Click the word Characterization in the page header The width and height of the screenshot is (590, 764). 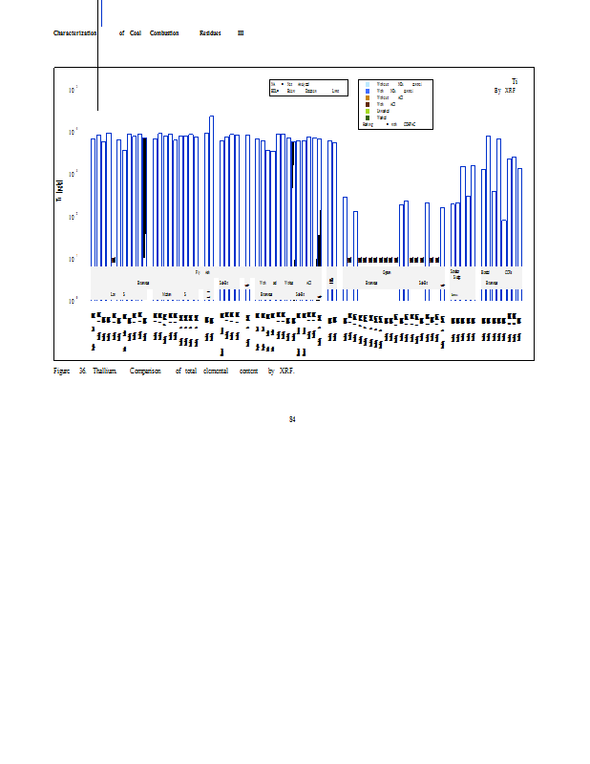point(75,33)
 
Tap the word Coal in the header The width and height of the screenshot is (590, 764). point(136,33)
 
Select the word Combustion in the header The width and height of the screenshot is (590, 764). point(164,33)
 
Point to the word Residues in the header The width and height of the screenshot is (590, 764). point(210,33)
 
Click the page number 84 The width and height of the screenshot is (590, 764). point(292,419)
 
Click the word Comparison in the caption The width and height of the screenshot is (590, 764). point(145,371)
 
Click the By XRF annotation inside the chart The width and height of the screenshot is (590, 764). point(504,91)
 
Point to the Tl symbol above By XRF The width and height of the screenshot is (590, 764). point(515,82)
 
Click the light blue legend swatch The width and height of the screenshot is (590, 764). point(368,84)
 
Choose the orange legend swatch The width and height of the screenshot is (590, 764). point(368,97)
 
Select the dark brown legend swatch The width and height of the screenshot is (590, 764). point(368,104)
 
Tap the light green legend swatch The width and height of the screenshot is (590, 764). point(368,111)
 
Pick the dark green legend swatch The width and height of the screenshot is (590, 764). point(368,117)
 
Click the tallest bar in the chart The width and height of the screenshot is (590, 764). point(211,191)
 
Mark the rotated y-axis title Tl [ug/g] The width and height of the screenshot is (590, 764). point(60,191)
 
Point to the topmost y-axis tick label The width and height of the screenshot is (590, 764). point(73,90)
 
